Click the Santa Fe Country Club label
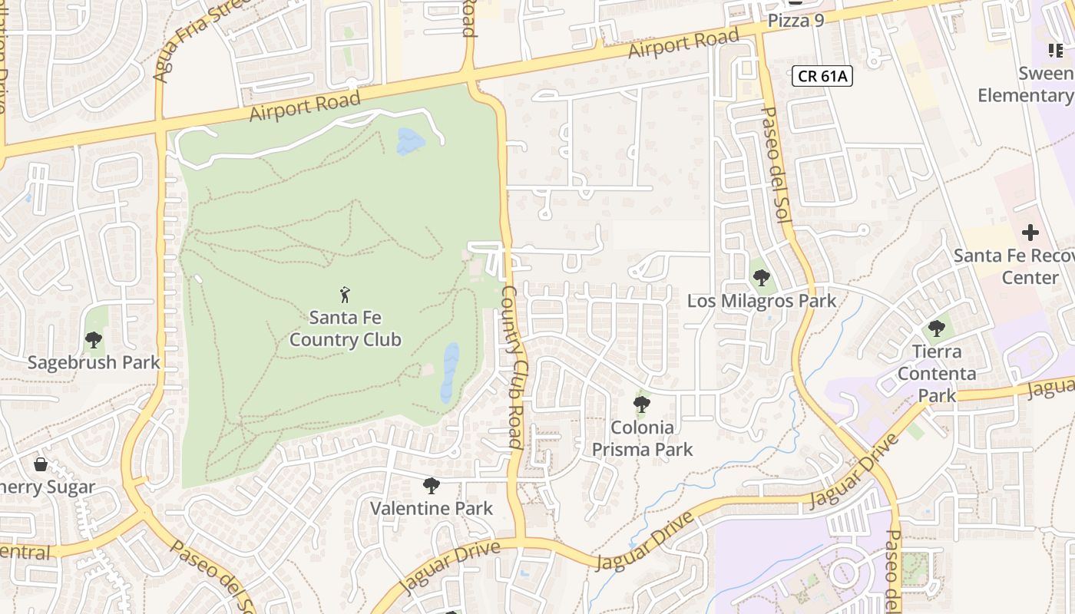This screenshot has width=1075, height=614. [345, 328]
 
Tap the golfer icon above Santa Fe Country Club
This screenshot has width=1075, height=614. [345, 294]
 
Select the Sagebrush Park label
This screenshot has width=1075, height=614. [94, 362]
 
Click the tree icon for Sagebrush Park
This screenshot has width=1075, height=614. [94, 338]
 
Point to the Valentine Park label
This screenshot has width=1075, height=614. [432, 508]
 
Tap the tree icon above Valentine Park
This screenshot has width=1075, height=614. [432, 485]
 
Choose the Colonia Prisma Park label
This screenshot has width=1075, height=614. [642, 438]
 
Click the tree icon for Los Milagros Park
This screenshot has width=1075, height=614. [761, 278]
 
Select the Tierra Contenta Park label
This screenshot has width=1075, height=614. [937, 374]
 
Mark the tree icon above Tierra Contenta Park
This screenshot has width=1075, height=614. [936, 328]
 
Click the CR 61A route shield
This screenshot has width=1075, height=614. [823, 76]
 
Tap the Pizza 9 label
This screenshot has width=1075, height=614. [795, 21]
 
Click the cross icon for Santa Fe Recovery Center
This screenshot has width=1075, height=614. [1030, 232]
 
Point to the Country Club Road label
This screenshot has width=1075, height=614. [512, 367]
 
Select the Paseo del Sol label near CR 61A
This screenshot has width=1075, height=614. [775, 165]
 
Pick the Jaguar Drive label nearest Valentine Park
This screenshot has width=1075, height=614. [450, 566]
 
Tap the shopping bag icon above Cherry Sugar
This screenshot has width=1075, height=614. [41, 464]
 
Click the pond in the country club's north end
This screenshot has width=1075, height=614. [410, 141]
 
